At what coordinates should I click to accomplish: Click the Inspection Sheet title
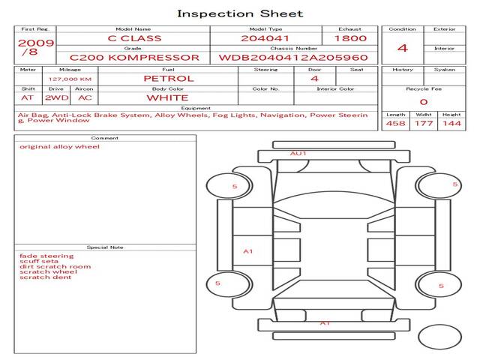[x=240, y=13]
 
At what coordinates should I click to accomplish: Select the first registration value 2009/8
[x=36, y=46]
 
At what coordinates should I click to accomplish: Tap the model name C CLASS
[x=134, y=38]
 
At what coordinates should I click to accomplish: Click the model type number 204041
[x=265, y=38]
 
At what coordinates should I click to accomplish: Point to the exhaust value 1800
[x=350, y=38]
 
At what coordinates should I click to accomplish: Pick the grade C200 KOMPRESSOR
[x=134, y=58]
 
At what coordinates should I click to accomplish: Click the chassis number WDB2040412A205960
[x=293, y=58]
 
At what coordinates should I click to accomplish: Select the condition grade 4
[x=403, y=48]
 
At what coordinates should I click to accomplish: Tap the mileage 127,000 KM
[x=70, y=79]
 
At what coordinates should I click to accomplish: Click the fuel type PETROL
[x=169, y=79]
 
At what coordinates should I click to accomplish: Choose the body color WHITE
[x=167, y=98]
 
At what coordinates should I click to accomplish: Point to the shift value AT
[x=27, y=98]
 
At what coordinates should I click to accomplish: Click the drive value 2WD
[x=57, y=98]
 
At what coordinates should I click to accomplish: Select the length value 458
[x=395, y=123]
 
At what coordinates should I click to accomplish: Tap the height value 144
[x=451, y=123]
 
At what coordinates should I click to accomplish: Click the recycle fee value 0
[x=424, y=102]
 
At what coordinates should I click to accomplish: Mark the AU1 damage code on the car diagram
[x=298, y=153]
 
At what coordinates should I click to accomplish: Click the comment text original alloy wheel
[x=60, y=147]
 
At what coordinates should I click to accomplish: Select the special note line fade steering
[x=46, y=256]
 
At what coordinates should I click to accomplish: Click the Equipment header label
[x=196, y=108]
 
